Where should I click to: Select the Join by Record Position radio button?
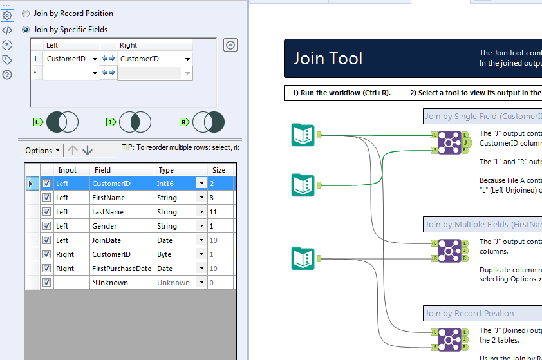(26, 14)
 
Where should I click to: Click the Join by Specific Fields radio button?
(26, 30)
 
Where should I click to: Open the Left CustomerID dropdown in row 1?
(95, 59)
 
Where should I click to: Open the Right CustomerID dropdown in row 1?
(187, 59)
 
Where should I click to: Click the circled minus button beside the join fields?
(230, 44)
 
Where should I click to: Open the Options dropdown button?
(42, 151)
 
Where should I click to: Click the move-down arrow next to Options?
(88, 150)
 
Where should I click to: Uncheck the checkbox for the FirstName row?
(46, 198)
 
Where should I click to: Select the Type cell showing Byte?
(174, 254)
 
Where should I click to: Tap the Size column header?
(219, 170)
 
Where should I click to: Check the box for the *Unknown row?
(46, 283)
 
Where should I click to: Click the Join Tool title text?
(328, 59)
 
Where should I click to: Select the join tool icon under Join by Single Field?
(449, 142)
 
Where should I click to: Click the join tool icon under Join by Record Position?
(449, 339)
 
